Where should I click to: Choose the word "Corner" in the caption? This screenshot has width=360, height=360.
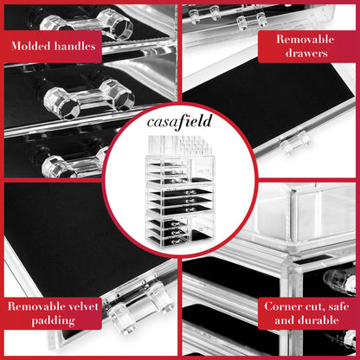288,304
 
